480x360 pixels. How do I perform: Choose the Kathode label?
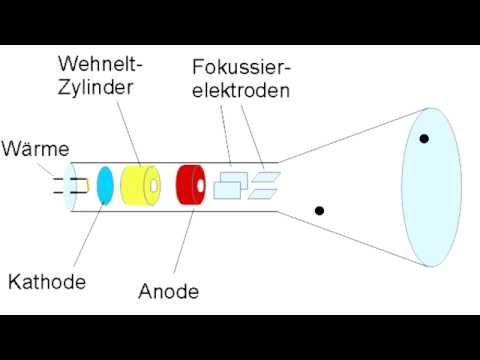click(x=47, y=283)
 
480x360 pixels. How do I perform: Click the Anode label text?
click(x=169, y=292)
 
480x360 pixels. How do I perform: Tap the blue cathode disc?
click(x=105, y=187)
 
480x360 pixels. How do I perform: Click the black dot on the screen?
click(x=424, y=138)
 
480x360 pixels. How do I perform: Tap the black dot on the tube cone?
click(x=319, y=211)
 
